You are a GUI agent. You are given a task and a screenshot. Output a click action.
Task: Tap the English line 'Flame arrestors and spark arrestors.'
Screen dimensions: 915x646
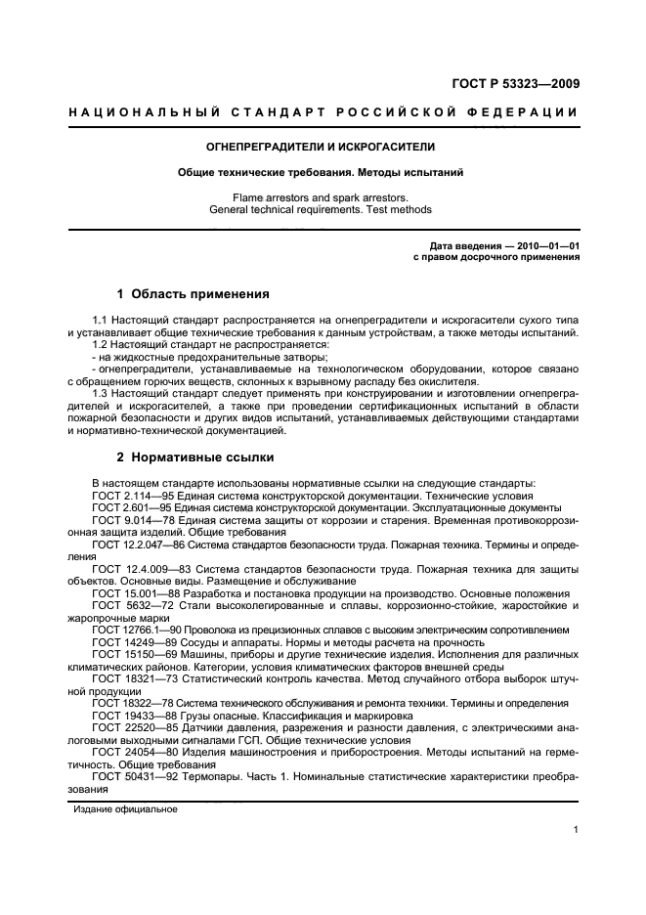click(321, 196)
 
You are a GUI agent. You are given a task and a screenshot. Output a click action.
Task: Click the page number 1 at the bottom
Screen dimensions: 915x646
click(577, 831)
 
